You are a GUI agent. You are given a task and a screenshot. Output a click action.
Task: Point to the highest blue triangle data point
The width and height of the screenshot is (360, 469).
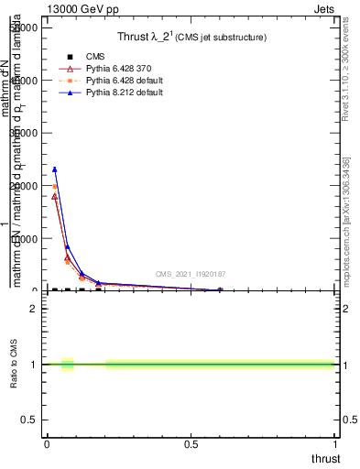[x=55, y=169]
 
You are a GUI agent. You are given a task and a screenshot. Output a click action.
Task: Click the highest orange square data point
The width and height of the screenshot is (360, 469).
[x=55, y=187]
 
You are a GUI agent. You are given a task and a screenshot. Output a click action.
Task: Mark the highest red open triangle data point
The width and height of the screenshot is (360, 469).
[x=55, y=196]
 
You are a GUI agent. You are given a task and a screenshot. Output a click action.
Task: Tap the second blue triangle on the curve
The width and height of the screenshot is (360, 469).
[x=68, y=246]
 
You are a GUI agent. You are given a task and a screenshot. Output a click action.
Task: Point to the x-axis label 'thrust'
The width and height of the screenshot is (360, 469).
[x=325, y=459]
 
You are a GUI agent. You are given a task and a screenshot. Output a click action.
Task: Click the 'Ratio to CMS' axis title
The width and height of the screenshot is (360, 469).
[x=15, y=365]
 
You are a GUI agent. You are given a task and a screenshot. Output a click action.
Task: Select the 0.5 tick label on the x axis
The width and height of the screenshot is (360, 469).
[x=191, y=444]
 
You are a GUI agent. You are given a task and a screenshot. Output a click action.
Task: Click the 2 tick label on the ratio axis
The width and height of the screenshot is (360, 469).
[x=33, y=309]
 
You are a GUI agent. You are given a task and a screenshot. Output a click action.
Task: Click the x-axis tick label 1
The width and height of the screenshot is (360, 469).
[x=335, y=444]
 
